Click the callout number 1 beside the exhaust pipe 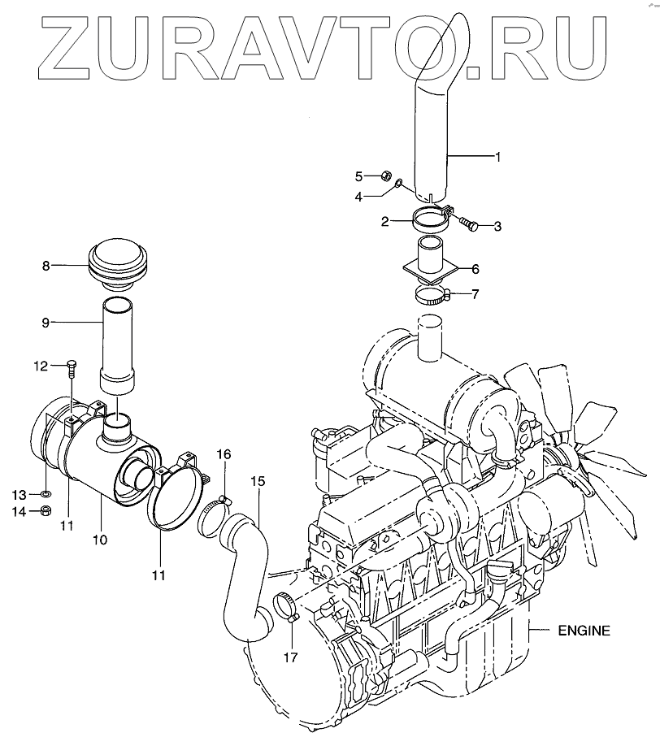point(497,155)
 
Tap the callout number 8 point(46,265)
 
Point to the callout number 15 point(257,481)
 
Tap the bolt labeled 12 point(72,369)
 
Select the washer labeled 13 point(47,493)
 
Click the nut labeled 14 point(47,511)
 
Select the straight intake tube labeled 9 point(118,341)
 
